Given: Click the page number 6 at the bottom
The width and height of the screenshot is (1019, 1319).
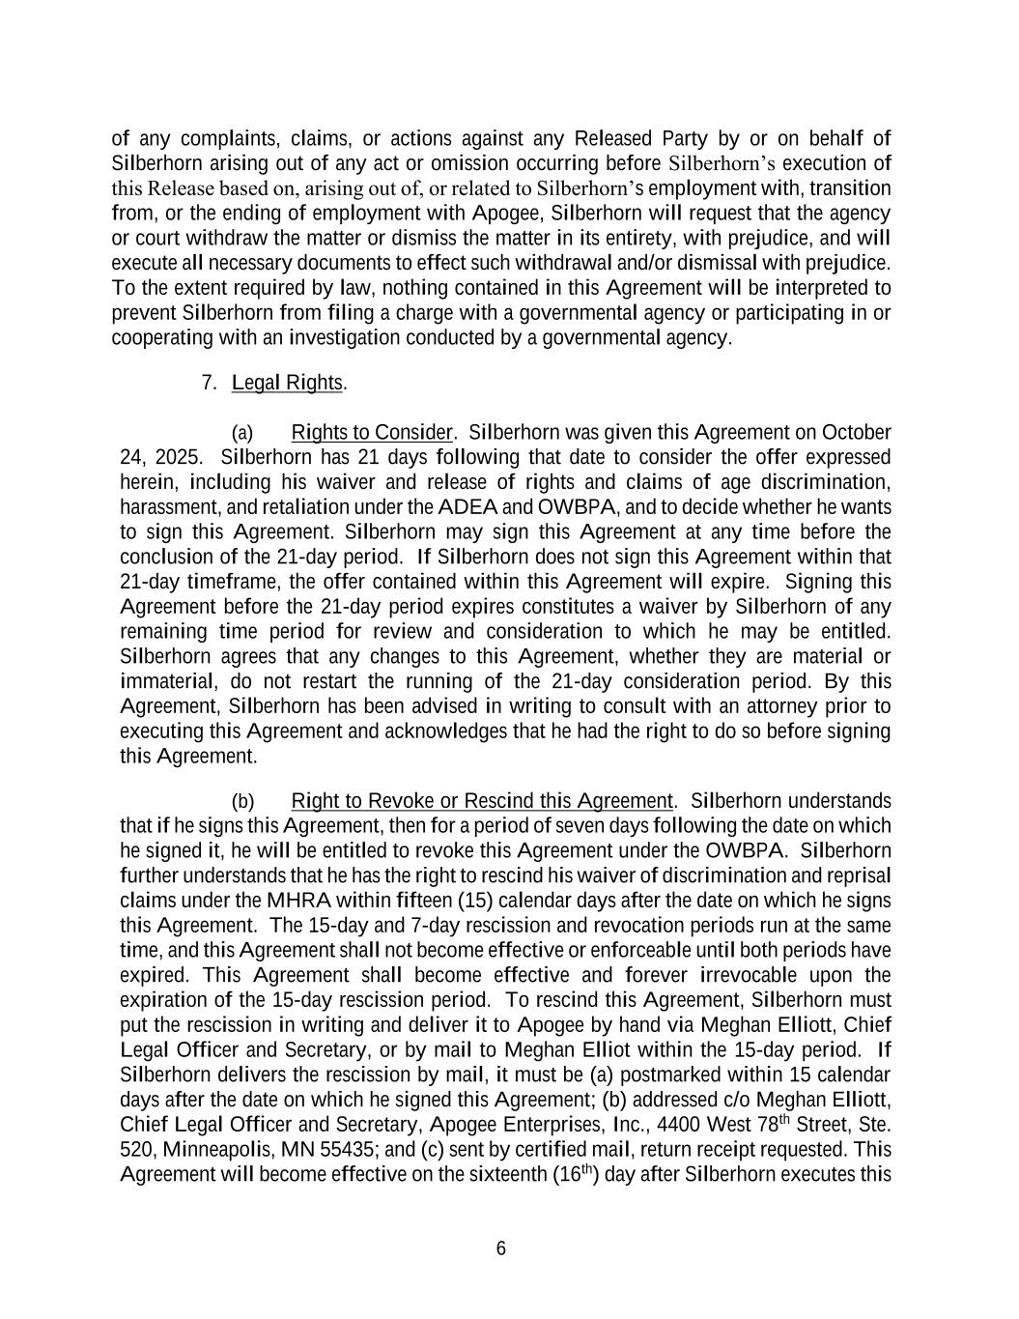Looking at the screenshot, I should coord(500,1248).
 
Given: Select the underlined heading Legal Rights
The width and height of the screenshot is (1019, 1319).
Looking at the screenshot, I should coord(287,383).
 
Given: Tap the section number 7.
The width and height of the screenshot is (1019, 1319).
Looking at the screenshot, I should coord(208,383).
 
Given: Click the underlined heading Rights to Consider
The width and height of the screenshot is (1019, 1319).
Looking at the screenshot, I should coord(371,432).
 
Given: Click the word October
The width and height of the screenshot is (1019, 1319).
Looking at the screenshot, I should coord(856,432).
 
